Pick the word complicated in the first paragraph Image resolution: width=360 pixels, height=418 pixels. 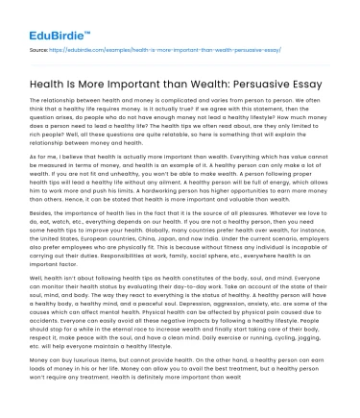[x=193, y=100]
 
